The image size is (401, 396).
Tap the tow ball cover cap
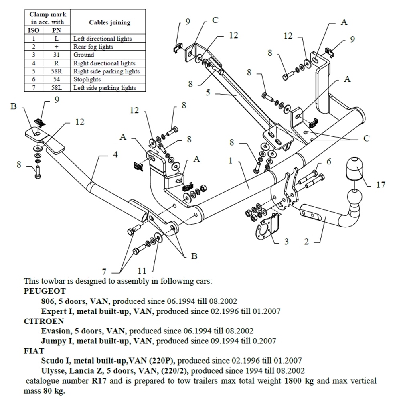click(x=353, y=168)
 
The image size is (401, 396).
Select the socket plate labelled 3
click(x=266, y=229)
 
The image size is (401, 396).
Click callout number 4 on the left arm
click(x=329, y=162)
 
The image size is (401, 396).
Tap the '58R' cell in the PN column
click(x=56, y=71)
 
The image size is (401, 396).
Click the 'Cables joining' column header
click(x=109, y=22)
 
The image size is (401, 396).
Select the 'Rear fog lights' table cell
click(x=93, y=47)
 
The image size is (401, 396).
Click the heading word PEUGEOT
click(x=45, y=291)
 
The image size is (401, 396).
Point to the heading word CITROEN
click(x=44, y=321)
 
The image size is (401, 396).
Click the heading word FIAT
click(x=34, y=351)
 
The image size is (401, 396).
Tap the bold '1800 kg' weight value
click(x=298, y=380)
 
